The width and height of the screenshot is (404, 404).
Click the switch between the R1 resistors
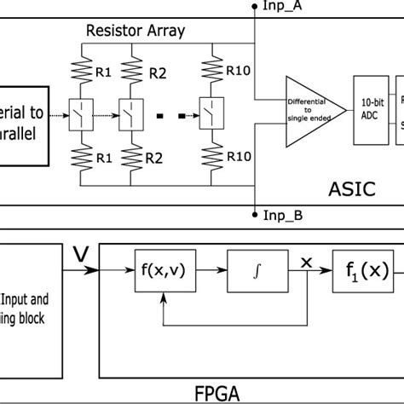click(x=81, y=111)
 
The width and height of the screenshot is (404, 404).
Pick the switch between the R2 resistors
click(x=130, y=111)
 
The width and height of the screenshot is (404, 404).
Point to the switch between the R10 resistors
click(x=209, y=111)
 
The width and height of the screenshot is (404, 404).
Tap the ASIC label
click(x=352, y=188)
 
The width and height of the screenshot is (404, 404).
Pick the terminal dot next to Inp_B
click(x=255, y=215)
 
